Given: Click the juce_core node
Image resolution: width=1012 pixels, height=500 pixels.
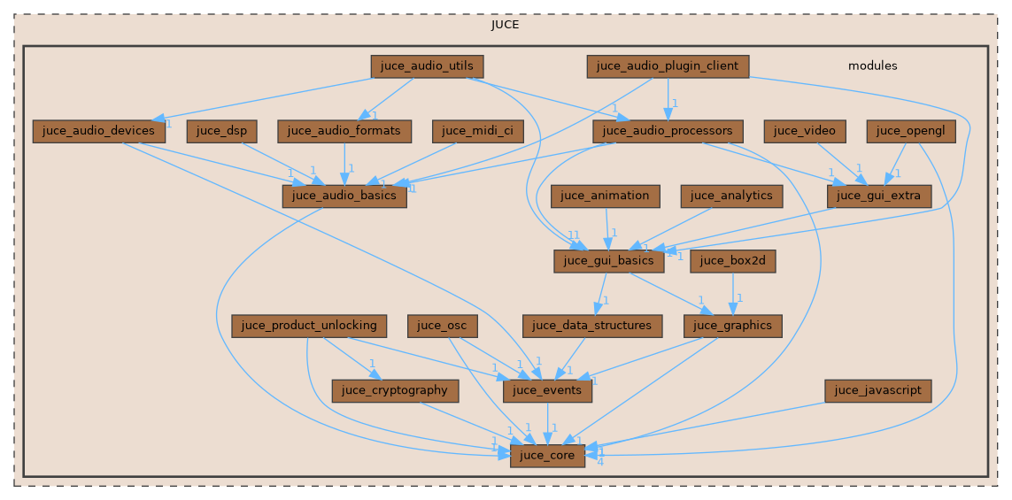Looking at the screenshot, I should (547, 456).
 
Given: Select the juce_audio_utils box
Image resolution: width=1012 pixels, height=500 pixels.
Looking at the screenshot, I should (427, 65).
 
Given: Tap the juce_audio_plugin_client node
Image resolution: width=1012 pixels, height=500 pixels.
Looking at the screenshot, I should (668, 65).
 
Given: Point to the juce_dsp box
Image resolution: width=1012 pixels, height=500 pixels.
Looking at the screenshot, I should (221, 131).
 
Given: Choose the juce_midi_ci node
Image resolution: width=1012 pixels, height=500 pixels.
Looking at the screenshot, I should (477, 131).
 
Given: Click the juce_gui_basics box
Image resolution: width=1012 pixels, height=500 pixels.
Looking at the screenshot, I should (609, 261).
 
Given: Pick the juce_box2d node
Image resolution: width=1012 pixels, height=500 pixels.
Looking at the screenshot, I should (733, 261).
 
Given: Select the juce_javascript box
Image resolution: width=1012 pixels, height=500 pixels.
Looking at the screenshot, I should (878, 390).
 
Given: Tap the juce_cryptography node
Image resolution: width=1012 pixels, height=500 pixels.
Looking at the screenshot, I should (395, 390).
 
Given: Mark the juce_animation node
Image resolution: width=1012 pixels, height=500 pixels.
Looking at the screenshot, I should (606, 196).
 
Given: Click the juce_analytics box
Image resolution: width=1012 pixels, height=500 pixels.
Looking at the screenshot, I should (731, 196).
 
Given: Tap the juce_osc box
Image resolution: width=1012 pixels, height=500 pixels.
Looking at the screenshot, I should (443, 326).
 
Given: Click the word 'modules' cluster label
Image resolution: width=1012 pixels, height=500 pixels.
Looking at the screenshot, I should (872, 65).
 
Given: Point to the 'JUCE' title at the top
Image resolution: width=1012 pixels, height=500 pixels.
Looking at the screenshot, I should (506, 24).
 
